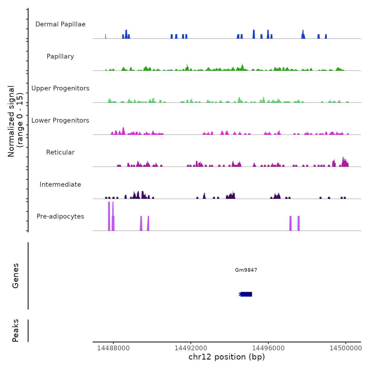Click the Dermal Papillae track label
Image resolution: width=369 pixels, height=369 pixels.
pyautogui.click(x=60, y=24)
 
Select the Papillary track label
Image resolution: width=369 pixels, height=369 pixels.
pyautogui.click(x=60, y=56)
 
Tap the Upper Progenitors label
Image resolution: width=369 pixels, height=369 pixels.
pyautogui.click(x=60, y=88)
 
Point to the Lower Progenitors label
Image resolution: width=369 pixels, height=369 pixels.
pyautogui.click(x=60, y=120)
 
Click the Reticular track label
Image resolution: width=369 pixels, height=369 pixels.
pyautogui.click(x=60, y=152)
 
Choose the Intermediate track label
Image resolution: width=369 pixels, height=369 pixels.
pyautogui.click(x=60, y=184)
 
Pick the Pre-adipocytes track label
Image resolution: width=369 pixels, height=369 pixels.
pyautogui.click(x=60, y=216)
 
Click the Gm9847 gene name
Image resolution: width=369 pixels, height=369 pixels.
pyautogui.click(x=246, y=270)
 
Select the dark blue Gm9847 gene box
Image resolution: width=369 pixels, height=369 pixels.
pyautogui.click(x=246, y=294)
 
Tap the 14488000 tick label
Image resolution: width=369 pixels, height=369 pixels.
pyautogui.click(x=113, y=348)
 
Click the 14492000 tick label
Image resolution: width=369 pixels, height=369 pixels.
pyautogui.click(x=191, y=348)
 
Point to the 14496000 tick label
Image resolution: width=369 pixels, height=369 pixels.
pyautogui.click(x=268, y=348)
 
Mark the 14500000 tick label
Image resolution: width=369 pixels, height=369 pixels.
pyautogui.click(x=346, y=348)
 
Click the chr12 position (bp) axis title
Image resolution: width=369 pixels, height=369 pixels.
pyautogui.click(x=227, y=357)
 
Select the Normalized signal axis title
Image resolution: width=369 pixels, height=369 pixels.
pyautogui.click(x=15, y=121)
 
